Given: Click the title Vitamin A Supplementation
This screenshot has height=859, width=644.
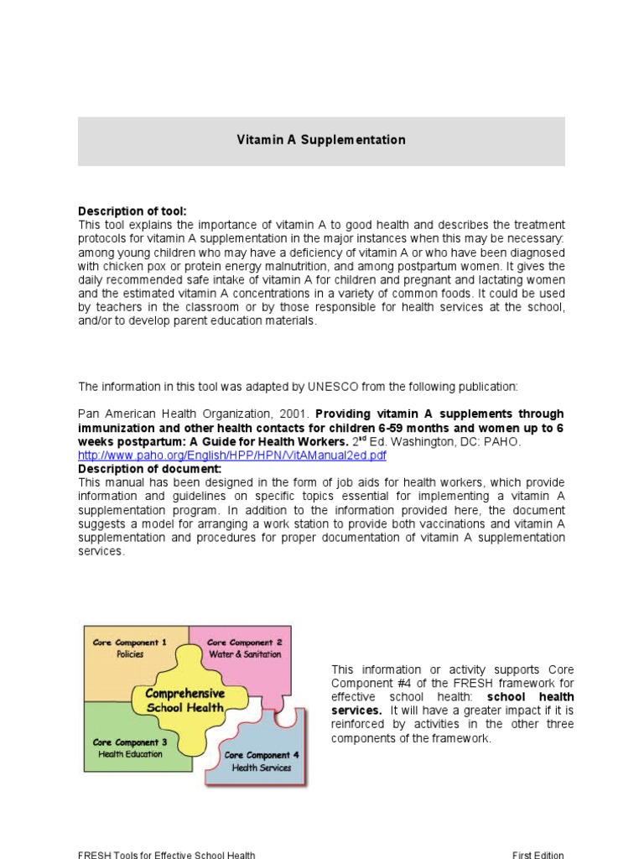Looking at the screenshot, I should click(x=321, y=140).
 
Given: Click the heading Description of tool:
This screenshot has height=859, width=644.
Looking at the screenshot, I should click(x=132, y=211).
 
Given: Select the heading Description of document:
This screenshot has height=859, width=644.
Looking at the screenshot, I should click(x=149, y=469).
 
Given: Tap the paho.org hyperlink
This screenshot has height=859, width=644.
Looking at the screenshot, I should click(x=232, y=456).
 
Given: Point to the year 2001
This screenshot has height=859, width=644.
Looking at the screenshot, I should click(x=299, y=414).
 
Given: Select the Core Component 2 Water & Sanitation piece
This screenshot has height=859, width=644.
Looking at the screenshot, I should click(x=244, y=648).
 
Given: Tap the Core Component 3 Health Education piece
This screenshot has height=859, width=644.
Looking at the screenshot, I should click(x=130, y=747).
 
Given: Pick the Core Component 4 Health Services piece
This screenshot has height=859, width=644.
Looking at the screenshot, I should click(x=261, y=761).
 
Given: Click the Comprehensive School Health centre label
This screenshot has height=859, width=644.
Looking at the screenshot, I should click(x=185, y=700).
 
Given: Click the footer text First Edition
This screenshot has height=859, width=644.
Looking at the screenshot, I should click(x=538, y=855).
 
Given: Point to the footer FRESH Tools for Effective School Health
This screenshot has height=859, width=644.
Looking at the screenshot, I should click(x=166, y=855).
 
